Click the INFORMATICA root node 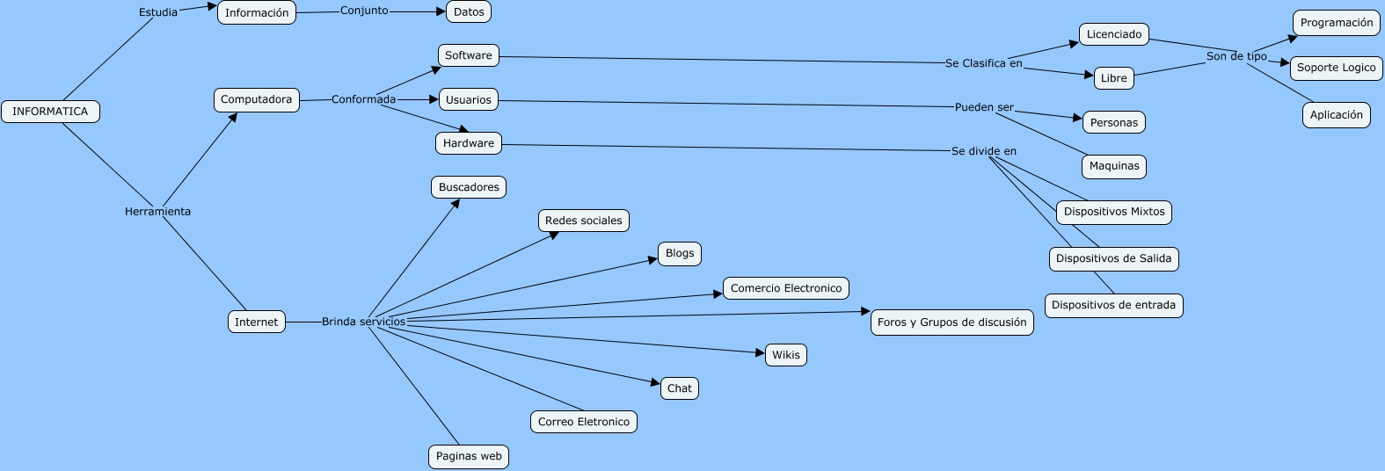[x=50, y=112]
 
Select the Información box [x=257, y=13]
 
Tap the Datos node [x=469, y=12]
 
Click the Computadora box [x=257, y=100]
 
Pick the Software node [x=469, y=55]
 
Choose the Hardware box [x=469, y=143]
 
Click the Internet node [x=257, y=322]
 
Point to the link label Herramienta [x=157, y=212]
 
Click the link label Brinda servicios [x=364, y=322]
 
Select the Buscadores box [x=469, y=187]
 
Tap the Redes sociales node [x=584, y=221]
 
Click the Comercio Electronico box [x=786, y=288]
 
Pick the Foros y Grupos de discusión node [x=952, y=322]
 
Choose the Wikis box [x=786, y=355]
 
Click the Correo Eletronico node [x=584, y=422]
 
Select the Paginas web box [x=469, y=456]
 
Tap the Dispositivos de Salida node [x=1114, y=258]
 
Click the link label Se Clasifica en [x=984, y=63]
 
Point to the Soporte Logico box [x=1337, y=68]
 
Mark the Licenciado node [x=1114, y=34]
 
